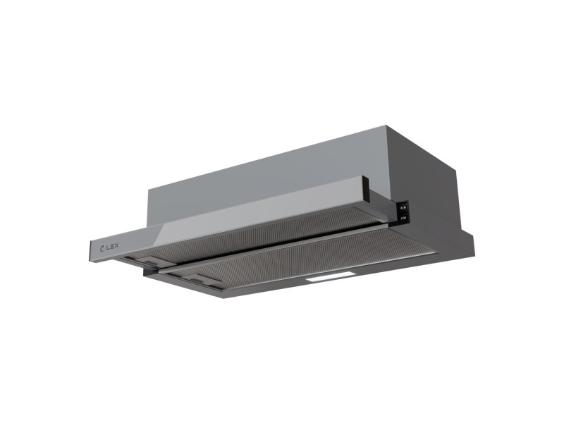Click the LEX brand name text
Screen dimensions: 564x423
click(111, 247)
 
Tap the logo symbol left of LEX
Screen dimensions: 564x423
click(102, 248)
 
